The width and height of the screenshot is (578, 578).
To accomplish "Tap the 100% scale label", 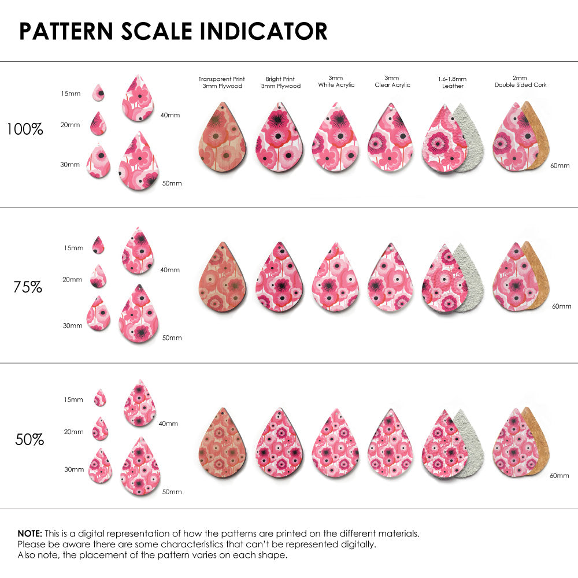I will click(x=25, y=129).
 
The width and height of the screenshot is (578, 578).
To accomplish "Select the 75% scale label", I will click(x=28, y=287).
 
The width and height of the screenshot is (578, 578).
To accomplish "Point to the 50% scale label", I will click(x=29, y=440).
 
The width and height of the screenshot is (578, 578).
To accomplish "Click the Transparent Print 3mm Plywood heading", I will click(x=221, y=82).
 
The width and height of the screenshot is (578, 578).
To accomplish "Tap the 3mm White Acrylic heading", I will click(x=336, y=81).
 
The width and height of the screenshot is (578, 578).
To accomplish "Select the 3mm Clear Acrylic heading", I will click(x=392, y=81).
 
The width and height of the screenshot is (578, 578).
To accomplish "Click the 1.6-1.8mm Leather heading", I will click(x=453, y=82).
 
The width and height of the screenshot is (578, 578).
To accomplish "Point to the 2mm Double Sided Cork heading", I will click(x=520, y=81).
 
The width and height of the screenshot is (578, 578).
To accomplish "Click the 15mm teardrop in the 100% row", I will click(x=99, y=92).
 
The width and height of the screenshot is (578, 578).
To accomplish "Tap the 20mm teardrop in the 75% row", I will click(x=98, y=276).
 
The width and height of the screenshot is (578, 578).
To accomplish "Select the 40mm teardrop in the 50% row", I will click(x=140, y=403).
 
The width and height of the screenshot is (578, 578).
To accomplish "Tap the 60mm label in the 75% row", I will click(x=561, y=306).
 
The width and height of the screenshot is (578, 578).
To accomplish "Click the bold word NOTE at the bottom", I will click(x=29, y=533).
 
